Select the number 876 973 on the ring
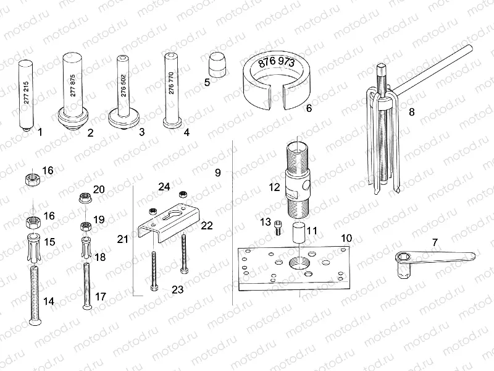[x=275, y=62]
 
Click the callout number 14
[x=49, y=301]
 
